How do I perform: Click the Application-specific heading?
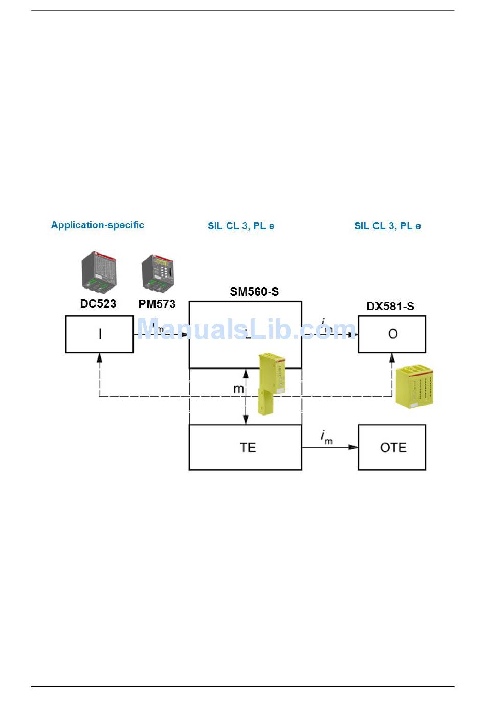tap(97, 225)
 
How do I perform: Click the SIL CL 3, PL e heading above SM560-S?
tap(241, 226)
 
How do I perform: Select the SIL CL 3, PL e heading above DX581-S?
tap(387, 226)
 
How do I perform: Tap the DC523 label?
tap(98, 304)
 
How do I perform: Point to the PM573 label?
tap(157, 304)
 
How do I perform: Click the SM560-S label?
tap(254, 292)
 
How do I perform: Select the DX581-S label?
tap(390, 306)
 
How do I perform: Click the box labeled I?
tap(99, 334)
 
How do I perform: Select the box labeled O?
tap(392, 334)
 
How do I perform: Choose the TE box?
tap(246, 447)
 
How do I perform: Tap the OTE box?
tap(392, 447)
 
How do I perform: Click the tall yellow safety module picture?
tap(272, 382)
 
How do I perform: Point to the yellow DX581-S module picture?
tap(415, 386)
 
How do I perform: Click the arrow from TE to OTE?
tap(330, 447)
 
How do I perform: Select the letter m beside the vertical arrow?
tap(238, 389)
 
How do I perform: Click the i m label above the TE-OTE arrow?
tap(326, 437)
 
